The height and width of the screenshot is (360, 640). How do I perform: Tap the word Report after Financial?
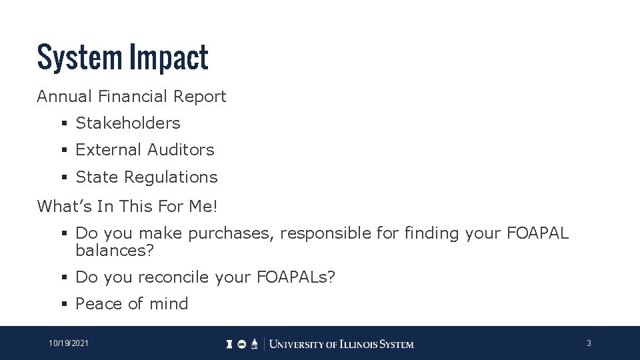point(200,97)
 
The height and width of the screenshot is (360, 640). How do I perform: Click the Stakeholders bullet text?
point(128,123)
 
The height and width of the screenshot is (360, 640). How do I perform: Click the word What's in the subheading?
point(65,207)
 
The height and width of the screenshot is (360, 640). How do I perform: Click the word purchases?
point(231,233)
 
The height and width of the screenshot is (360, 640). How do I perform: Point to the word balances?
point(115,250)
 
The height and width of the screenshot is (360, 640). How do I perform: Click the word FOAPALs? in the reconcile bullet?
point(296,277)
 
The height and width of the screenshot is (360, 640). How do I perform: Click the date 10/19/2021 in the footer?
point(69,343)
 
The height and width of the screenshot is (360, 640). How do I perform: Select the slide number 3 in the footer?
point(589,343)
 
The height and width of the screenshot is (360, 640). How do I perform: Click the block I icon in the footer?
point(229,344)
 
